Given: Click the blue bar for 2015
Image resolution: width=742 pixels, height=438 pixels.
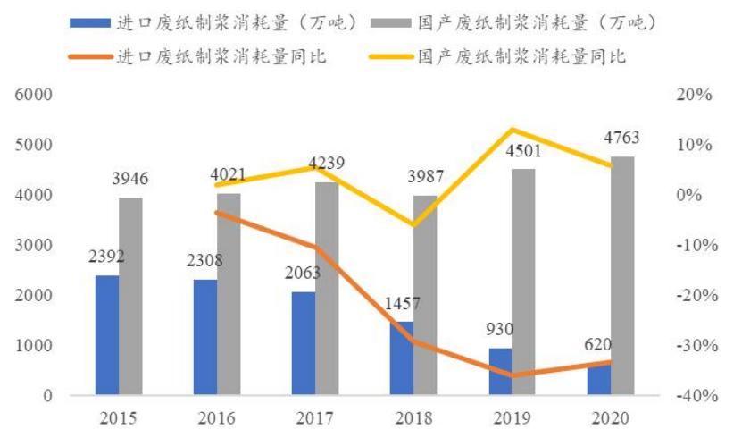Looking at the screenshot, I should coord(107,335).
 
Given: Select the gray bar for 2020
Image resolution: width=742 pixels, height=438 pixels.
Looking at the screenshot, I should coord(622,276).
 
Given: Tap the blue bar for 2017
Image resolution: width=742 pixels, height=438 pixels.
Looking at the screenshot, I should coord(304,343).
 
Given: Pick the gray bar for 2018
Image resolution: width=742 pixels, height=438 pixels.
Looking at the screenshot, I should coord(426,295).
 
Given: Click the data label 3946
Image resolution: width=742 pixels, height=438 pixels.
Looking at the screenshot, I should coord(130,180).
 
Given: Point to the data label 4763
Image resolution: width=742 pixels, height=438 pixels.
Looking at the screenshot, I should coord(621,139).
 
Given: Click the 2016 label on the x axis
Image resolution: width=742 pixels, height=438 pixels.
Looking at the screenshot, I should coord(217,418).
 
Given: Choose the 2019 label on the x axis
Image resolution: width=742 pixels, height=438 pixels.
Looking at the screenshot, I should coord(512,418).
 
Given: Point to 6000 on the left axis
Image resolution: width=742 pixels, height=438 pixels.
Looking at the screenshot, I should coord(34,95).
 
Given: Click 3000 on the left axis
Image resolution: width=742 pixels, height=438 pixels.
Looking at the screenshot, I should coord(34,245).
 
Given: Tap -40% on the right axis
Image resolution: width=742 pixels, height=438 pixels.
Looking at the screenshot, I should coord(696,396).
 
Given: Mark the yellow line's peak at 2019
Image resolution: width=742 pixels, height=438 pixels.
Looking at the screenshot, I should coord(512,130).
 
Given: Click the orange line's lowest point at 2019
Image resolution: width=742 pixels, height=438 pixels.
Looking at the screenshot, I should coord(512,375).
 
